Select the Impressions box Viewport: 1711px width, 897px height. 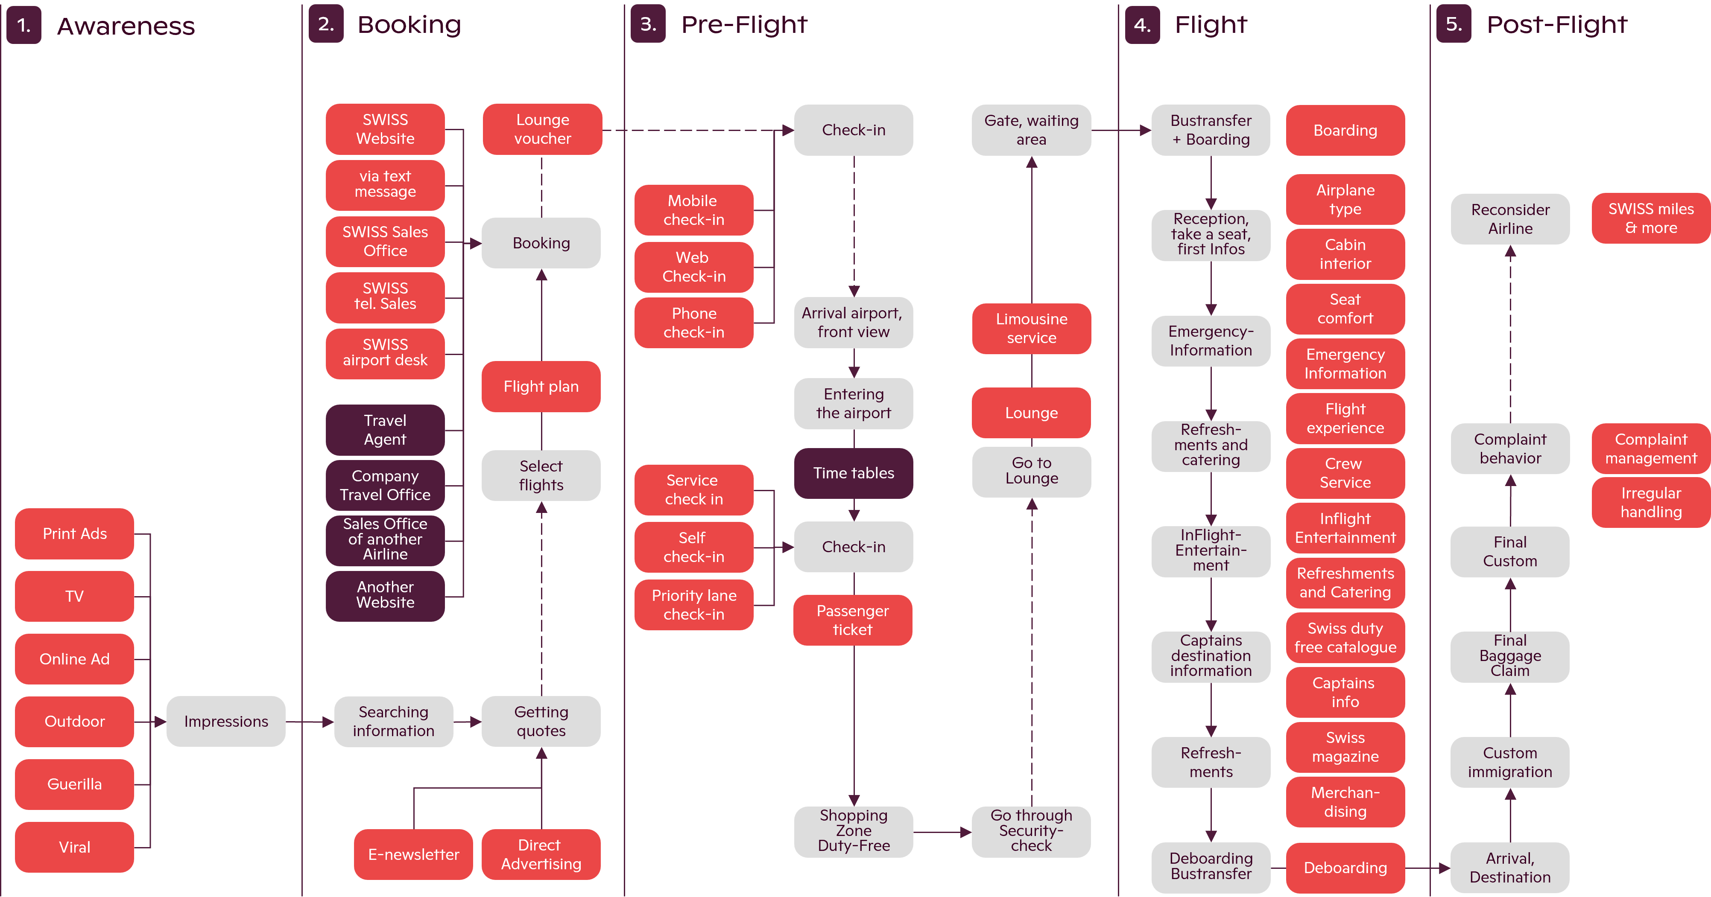(x=226, y=721)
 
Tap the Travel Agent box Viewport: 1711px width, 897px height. (x=385, y=430)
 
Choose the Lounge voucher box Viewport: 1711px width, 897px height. (x=542, y=129)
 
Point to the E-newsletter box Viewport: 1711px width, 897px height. (x=413, y=854)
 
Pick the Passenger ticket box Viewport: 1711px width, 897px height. (x=852, y=620)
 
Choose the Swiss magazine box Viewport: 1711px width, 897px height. (x=1345, y=746)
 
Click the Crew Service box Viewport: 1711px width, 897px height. (x=1345, y=473)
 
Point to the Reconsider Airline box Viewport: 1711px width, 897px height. (x=1510, y=218)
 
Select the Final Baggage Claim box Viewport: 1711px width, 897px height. (x=1510, y=655)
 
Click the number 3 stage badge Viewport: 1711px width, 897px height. (x=648, y=25)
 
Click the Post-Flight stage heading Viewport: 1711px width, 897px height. (x=1556, y=25)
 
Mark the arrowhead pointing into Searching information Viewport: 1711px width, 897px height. (x=328, y=722)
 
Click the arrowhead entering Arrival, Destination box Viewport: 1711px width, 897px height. (x=1444, y=868)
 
